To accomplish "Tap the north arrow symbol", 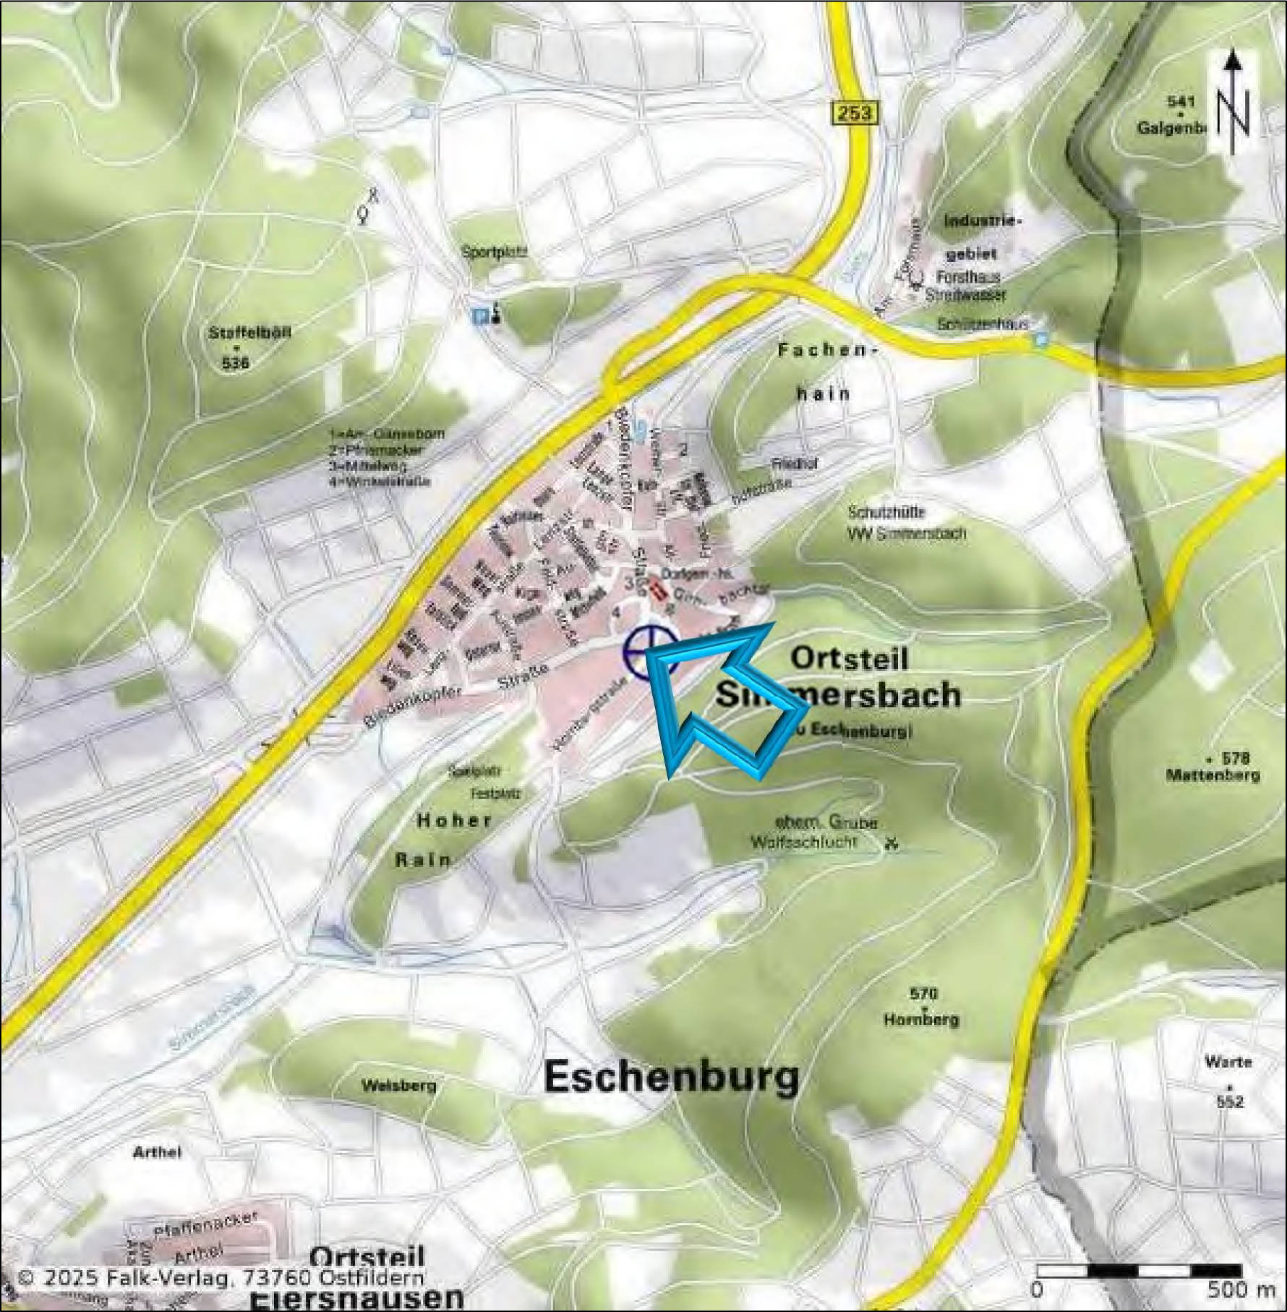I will (1234, 101).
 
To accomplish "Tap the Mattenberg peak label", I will (1212, 775).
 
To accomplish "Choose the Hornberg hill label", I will (921, 1020).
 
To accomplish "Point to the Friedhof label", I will (794, 464).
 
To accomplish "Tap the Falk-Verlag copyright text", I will (221, 1278).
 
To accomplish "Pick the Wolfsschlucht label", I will (804, 842).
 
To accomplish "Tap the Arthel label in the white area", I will (158, 1152).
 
